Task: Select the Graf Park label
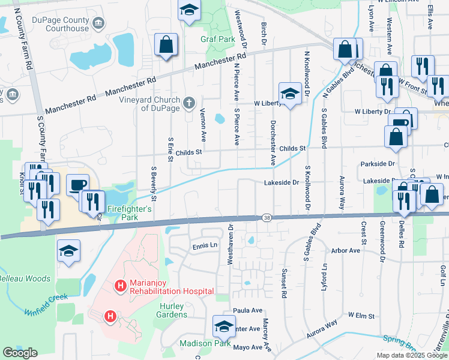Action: coord(217,40)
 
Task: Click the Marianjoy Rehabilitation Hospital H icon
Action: coord(120,286)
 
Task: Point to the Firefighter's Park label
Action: coord(128,209)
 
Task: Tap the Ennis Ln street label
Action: coord(204,245)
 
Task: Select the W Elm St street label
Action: coord(361,315)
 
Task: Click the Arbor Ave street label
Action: coord(345,251)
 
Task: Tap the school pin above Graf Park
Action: coord(189,11)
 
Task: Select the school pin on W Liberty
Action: coord(289,94)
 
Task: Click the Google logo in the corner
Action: coord(20,353)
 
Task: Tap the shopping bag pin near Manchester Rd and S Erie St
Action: coord(166,44)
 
